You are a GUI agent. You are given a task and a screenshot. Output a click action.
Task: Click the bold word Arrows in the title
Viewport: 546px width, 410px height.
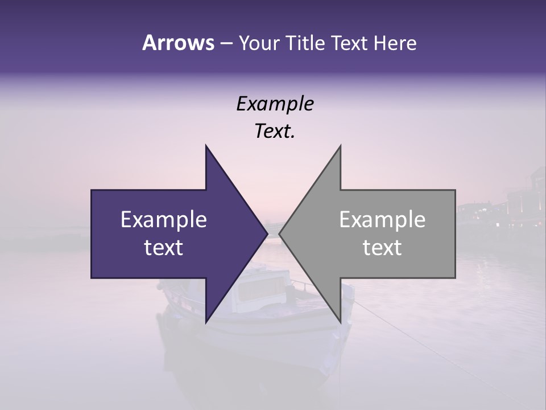pyautogui.click(x=179, y=43)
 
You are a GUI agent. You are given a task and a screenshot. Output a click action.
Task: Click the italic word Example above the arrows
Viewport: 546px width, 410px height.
pyautogui.click(x=275, y=104)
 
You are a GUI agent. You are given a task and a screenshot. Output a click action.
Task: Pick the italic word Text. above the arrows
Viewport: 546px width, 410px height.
pyautogui.click(x=275, y=132)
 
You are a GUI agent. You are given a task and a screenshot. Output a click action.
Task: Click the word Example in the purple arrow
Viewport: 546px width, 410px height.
pyautogui.click(x=164, y=219)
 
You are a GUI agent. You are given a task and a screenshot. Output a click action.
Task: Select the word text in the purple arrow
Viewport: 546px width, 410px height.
pyautogui.click(x=164, y=248)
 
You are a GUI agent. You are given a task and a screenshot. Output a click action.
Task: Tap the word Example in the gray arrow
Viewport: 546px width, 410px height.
pyautogui.click(x=382, y=219)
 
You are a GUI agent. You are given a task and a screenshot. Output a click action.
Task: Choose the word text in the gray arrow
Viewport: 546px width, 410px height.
pyautogui.click(x=382, y=248)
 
